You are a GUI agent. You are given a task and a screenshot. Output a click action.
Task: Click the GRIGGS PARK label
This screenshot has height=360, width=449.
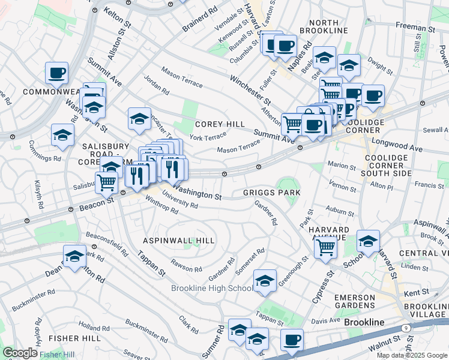point(271,193)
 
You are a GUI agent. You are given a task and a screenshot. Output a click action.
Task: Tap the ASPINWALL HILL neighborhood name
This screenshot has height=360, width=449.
point(178,240)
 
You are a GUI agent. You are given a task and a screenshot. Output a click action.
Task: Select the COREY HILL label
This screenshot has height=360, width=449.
point(220,124)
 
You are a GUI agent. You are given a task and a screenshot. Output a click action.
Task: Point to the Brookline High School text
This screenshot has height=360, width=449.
point(212,289)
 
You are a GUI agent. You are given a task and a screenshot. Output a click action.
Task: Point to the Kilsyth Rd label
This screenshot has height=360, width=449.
point(39,195)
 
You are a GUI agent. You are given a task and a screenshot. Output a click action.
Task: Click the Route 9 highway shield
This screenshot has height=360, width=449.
point(406,328)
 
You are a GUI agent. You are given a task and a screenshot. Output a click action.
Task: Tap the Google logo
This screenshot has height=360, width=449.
point(20,353)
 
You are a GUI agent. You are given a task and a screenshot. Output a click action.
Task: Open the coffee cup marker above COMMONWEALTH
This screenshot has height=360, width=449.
point(57,73)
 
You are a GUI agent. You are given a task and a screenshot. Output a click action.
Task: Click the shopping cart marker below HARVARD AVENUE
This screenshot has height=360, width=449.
point(325,247)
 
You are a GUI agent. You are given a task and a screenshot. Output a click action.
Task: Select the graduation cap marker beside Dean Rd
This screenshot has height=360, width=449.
point(74,257)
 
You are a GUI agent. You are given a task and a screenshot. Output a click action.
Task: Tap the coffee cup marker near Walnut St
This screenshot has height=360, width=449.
point(292,340)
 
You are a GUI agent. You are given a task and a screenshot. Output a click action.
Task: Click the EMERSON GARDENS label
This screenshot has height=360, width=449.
point(354,302)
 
